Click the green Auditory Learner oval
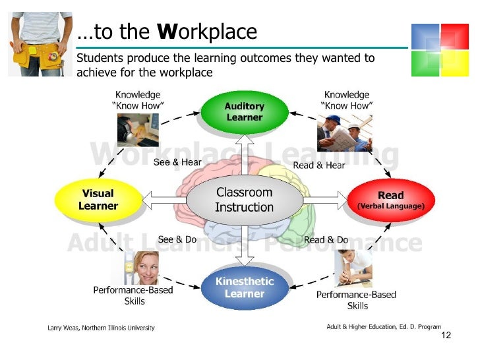coord(244,112)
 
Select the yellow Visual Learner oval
coord(98,200)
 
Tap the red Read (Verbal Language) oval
coord(390,200)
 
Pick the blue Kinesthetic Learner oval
coord(244,288)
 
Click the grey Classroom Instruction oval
coord(244,200)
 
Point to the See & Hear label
coord(177,162)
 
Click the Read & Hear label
coord(319,165)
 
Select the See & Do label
coord(177,239)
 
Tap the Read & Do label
coord(326,240)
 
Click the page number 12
coord(446,336)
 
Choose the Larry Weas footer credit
coord(101,328)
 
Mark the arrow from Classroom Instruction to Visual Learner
coord(164,197)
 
